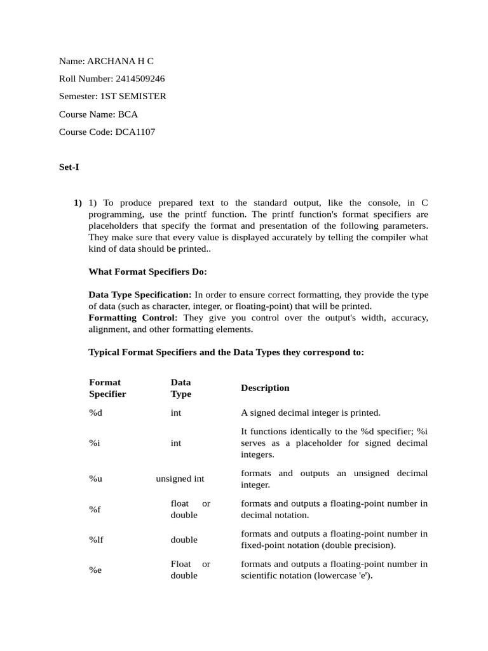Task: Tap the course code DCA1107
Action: coord(135,132)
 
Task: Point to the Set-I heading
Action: coord(69,168)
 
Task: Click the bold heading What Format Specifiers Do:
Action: coord(147,271)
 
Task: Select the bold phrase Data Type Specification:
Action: coord(140,295)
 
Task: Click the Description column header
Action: coord(265,388)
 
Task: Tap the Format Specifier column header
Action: coord(107,388)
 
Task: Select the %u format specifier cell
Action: coord(95,479)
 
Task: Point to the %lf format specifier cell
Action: coord(96,540)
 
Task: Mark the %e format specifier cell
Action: coord(95,570)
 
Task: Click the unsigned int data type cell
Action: coord(180,479)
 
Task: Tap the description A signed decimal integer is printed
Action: coord(311,413)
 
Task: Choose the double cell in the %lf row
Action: coord(184,540)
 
